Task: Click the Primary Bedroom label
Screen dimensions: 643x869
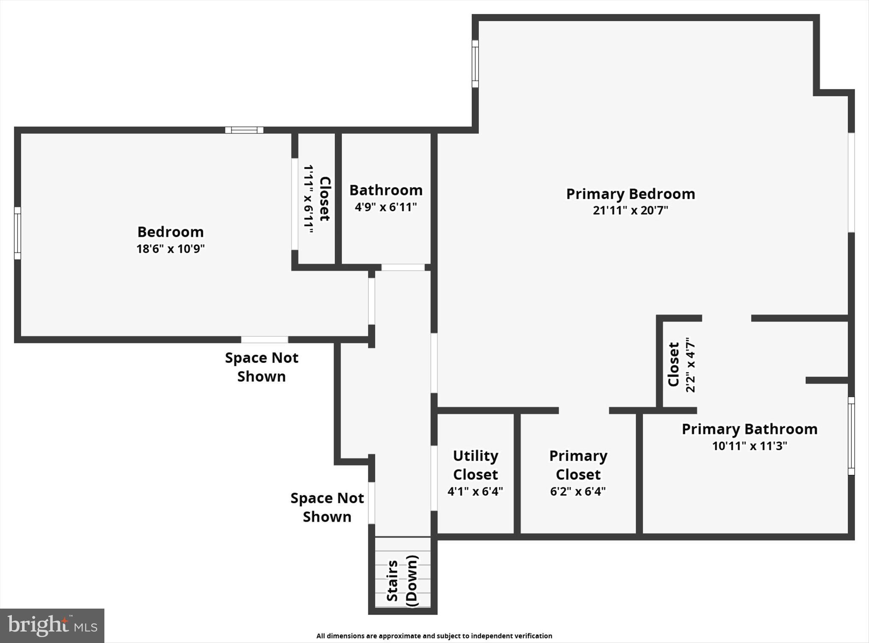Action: point(631,194)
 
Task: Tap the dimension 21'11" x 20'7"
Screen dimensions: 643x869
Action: point(631,210)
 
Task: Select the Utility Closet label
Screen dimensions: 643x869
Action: point(475,465)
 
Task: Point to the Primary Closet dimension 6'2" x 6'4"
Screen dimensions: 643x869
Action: point(578,491)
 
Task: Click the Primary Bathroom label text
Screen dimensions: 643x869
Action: point(749,429)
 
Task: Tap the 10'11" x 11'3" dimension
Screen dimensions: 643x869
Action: point(749,446)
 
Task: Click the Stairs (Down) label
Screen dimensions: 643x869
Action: point(402,581)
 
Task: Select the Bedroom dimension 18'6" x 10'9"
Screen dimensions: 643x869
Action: point(171,248)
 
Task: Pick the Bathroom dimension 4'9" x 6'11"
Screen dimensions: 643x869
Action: point(386,207)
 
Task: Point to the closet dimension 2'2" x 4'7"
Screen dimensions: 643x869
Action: point(690,365)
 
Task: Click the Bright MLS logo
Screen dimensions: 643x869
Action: point(52,625)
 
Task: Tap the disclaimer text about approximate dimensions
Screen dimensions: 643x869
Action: point(434,636)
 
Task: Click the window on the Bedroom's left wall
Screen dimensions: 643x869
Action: point(17,233)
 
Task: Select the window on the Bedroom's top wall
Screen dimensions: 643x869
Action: point(244,130)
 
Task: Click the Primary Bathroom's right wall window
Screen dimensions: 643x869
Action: point(851,436)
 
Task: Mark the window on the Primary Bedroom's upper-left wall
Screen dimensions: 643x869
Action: point(475,64)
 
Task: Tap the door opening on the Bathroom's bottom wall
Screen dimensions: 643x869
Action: point(403,267)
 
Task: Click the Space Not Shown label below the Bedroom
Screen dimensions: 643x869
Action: point(261,367)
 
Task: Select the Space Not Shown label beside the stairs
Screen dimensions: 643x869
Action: point(327,507)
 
